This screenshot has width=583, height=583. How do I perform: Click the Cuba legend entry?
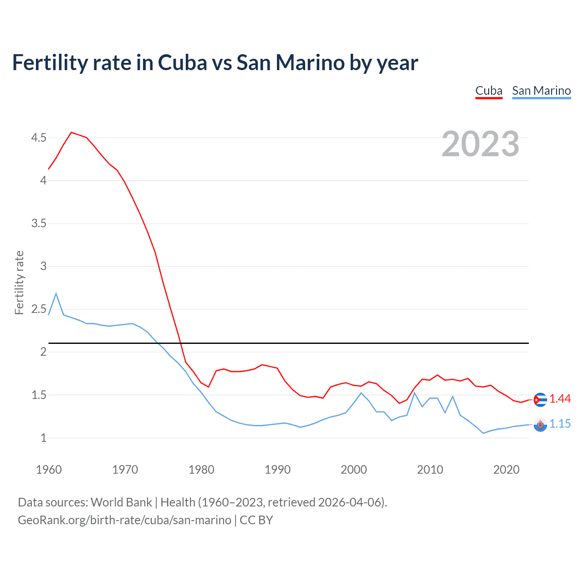point(489,91)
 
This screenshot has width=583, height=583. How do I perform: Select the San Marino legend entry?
point(541,91)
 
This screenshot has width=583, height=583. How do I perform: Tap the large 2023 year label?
point(480,144)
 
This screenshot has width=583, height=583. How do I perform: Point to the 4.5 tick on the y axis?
point(39,138)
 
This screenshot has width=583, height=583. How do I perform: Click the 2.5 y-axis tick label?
point(39,309)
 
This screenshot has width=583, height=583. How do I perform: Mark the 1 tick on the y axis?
point(43,438)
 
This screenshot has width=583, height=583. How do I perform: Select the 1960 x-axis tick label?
point(49,470)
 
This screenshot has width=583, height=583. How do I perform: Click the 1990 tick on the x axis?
point(277,470)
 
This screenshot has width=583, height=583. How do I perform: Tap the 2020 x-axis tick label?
point(506,470)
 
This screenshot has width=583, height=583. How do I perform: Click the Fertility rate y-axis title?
point(19,282)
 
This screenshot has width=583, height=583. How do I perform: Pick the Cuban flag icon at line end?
point(540,399)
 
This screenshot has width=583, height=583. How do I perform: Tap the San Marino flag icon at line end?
point(540,425)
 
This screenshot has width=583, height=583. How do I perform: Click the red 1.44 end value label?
point(560,399)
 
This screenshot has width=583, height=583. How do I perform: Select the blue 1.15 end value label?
point(560,424)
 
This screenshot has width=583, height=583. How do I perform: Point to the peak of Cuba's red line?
point(72,133)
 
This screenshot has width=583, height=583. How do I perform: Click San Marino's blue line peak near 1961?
point(56,294)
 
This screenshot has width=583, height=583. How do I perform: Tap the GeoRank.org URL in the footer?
point(124,520)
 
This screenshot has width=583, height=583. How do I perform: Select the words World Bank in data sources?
point(121,502)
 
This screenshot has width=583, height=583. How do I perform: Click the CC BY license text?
point(256,520)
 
